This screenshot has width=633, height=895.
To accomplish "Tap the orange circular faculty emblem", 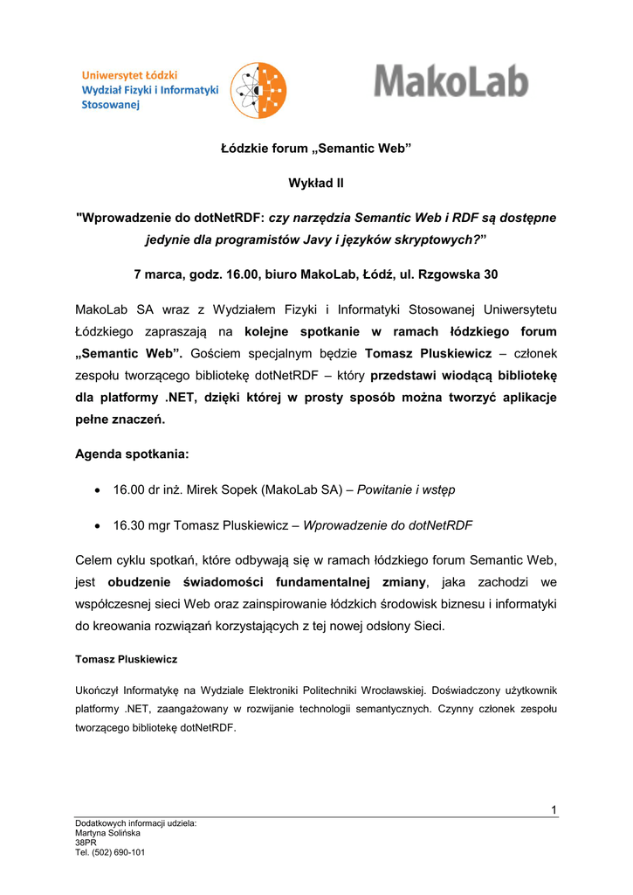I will coord(259,91).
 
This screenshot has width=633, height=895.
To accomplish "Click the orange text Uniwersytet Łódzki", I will coord(130,75).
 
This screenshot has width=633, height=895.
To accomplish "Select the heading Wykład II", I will coord(315,183).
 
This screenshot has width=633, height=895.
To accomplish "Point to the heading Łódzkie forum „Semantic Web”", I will coord(315,149).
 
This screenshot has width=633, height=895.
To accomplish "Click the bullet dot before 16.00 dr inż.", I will coord(96,490).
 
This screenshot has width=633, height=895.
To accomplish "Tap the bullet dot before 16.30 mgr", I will coord(96,525).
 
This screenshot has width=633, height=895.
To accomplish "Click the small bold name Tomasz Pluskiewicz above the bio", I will coord(127,658).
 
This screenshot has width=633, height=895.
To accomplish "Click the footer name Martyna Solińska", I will coord(108,833).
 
